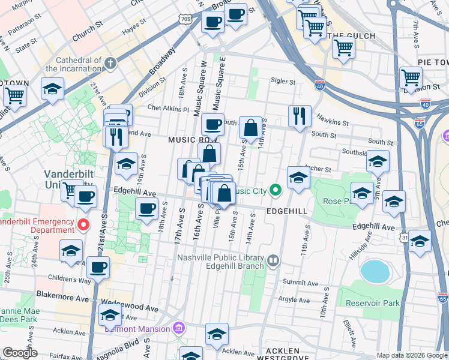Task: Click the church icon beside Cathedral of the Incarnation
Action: click(x=110, y=63)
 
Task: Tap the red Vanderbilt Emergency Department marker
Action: click(x=83, y=225)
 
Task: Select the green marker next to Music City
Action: click(x=276, y=191)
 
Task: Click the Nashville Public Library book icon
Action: click(x=273, y=260)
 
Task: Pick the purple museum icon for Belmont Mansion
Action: click(x=178, y=328)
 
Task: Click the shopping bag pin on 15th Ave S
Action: click(x=250, y=127)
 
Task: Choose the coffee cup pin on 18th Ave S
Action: click(x=146, y=209)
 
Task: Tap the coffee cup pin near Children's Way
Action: click(x=98, y=266)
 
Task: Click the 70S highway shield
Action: click(x=186, y=19)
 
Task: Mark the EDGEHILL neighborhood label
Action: click(x=288, y=212)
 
